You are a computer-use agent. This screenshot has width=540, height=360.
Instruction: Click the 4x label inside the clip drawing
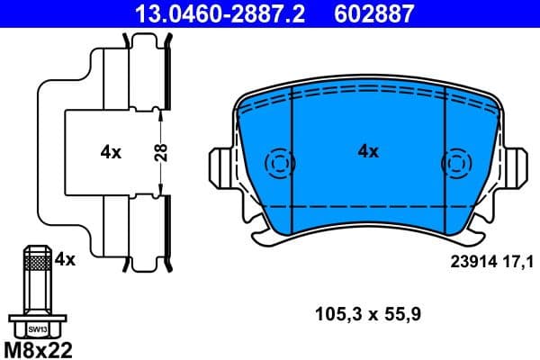tap(111, 152)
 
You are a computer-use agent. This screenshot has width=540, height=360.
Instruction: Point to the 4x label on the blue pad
tap(368, 151)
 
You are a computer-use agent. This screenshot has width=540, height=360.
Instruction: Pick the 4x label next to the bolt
tap(64, 259)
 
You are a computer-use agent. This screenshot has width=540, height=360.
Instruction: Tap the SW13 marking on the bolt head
tap(36, 329)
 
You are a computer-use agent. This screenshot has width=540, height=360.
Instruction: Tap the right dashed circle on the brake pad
tap(455, 164)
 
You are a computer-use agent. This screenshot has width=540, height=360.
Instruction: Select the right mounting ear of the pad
tap(517, 167)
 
